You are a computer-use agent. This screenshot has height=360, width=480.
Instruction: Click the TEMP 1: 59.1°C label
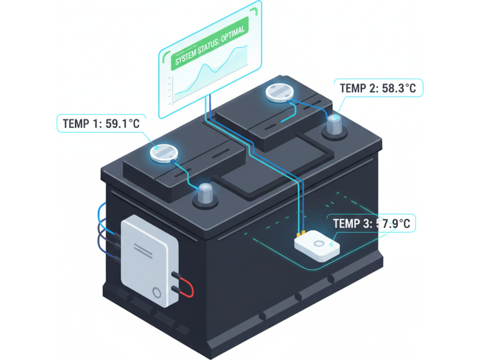tap(101, 124)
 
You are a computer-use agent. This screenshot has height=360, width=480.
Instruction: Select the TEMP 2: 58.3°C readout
tap(378, 88)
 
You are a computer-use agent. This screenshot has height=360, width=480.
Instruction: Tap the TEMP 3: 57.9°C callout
tap(371, 223)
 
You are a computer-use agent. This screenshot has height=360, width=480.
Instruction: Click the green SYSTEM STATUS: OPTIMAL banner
tap(210, 43)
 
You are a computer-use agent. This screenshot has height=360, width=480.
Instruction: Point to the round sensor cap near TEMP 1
tap(164, 154)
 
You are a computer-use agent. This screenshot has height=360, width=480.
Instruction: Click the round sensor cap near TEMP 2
tap(280, 93)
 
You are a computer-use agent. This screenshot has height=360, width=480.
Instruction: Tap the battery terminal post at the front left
tap(205, 196)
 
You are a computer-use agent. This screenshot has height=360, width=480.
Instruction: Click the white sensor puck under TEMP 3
tap(317, 247)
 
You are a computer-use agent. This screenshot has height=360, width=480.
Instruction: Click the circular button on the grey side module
tap(157, 293)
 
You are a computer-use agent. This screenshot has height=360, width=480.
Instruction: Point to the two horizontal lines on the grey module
tap(143, 250)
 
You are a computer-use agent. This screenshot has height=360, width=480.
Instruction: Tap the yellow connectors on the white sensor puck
tap(301, 234)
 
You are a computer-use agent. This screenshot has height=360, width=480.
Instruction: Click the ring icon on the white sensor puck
tap(319, 244)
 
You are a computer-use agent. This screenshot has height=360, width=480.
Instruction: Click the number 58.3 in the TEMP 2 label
tap(393, 88)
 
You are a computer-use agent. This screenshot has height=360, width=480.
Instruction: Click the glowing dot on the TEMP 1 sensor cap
tap(157, 148)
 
